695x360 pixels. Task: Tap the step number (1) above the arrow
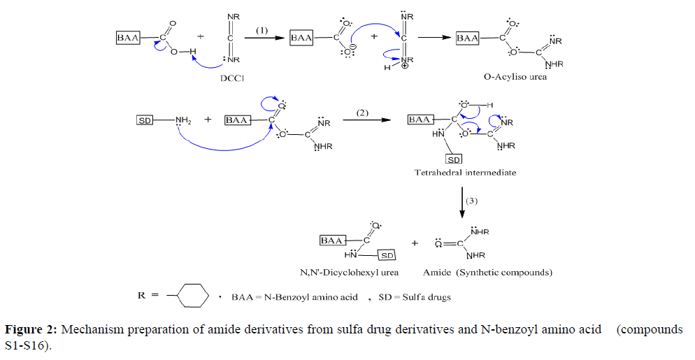point(261,30)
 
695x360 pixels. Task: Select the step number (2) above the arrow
point(362,113)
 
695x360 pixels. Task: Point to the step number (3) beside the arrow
point(473,201)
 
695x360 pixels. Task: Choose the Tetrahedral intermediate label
point(465,172)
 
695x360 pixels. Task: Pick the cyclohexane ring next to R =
point(194,296)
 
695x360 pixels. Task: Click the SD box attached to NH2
point(145,120)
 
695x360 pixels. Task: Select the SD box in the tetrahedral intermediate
point(454,160)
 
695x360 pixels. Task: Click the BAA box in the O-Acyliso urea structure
point(467,38)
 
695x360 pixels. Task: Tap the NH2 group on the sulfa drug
point(183,120)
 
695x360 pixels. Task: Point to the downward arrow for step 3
point(461,203)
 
